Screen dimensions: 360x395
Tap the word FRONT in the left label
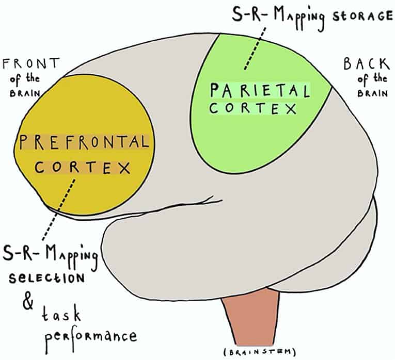coord(30,64)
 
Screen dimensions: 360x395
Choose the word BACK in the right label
coord(365,64)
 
